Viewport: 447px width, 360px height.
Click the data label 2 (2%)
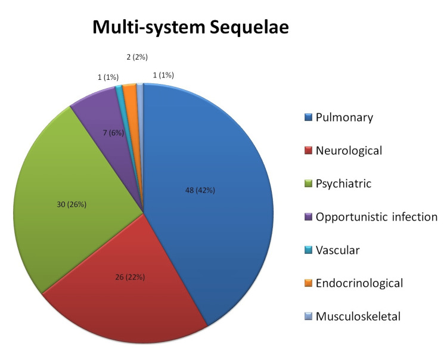tap(137, 57)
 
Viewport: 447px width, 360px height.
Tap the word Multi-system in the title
tap(139, 28)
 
